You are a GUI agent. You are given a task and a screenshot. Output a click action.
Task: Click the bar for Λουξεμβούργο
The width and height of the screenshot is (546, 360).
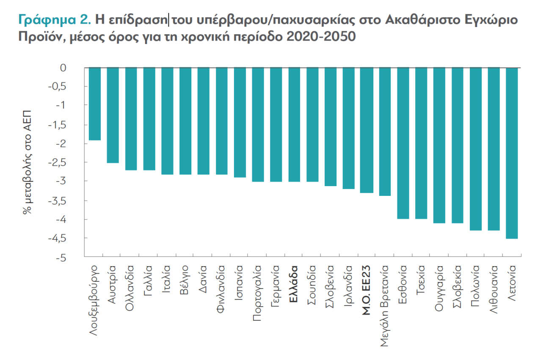95,104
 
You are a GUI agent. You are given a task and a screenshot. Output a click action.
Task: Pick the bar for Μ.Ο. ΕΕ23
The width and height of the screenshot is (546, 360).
367,130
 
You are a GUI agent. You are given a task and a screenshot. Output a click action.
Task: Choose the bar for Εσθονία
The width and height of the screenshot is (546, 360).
403,143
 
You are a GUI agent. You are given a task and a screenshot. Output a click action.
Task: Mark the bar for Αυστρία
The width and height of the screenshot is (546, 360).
113,115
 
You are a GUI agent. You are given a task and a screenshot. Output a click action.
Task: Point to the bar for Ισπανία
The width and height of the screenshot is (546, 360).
240,122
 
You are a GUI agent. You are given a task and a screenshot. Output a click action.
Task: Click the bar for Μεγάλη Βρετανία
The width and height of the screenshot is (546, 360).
384,132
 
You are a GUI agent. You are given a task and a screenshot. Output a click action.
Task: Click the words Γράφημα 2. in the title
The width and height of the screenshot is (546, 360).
55,20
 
